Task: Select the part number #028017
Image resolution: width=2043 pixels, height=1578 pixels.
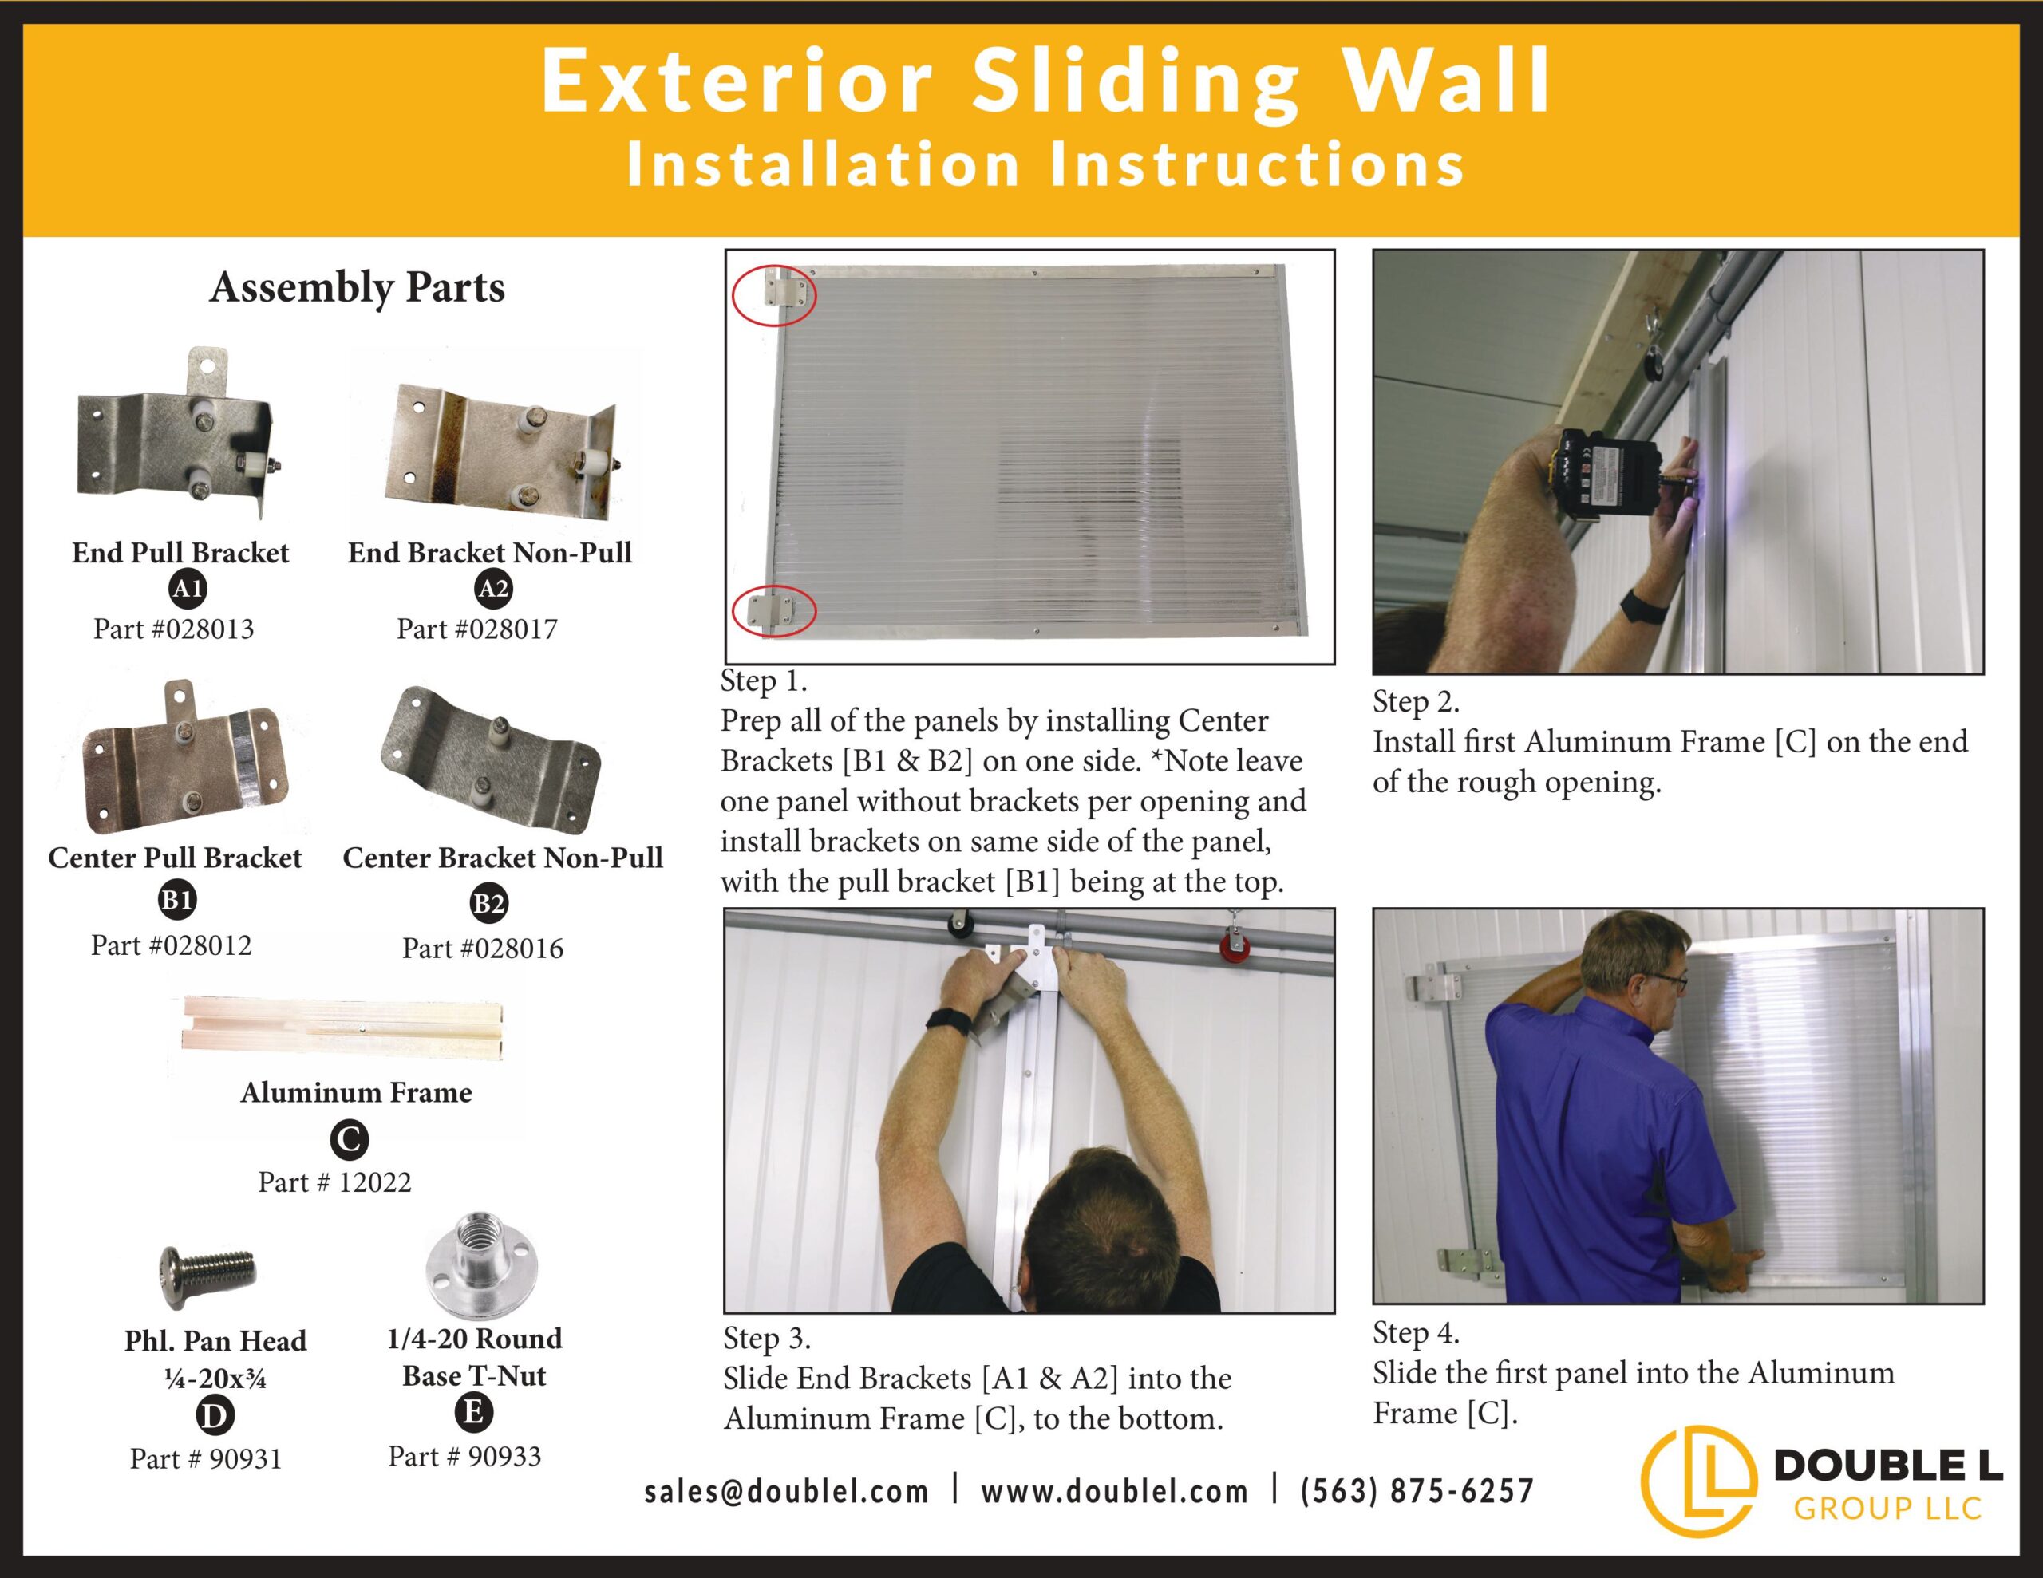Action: [477, 629]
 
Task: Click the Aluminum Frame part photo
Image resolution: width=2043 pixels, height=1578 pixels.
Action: [342, 1026]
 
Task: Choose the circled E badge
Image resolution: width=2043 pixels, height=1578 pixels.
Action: [473, 1411]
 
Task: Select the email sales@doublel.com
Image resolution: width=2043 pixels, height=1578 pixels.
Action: [787, 1490]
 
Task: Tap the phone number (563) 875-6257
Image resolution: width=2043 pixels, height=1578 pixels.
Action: [1417, 1490]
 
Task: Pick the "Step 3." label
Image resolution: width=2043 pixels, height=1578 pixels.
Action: [766, 1339]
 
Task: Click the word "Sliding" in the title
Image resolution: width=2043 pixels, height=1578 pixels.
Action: [1134, 81]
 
